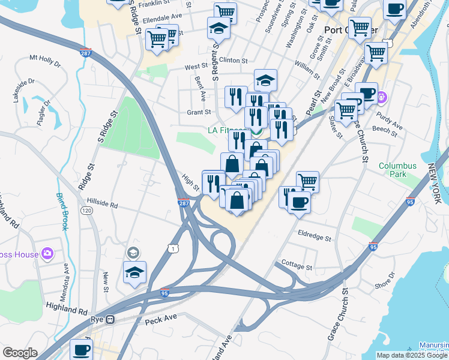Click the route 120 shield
coord(86,211)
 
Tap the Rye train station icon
coord(110,319)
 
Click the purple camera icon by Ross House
coord(47,254)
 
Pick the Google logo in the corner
coord(20,353)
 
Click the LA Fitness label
coord(226,130)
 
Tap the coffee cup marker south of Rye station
coord(81,349)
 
